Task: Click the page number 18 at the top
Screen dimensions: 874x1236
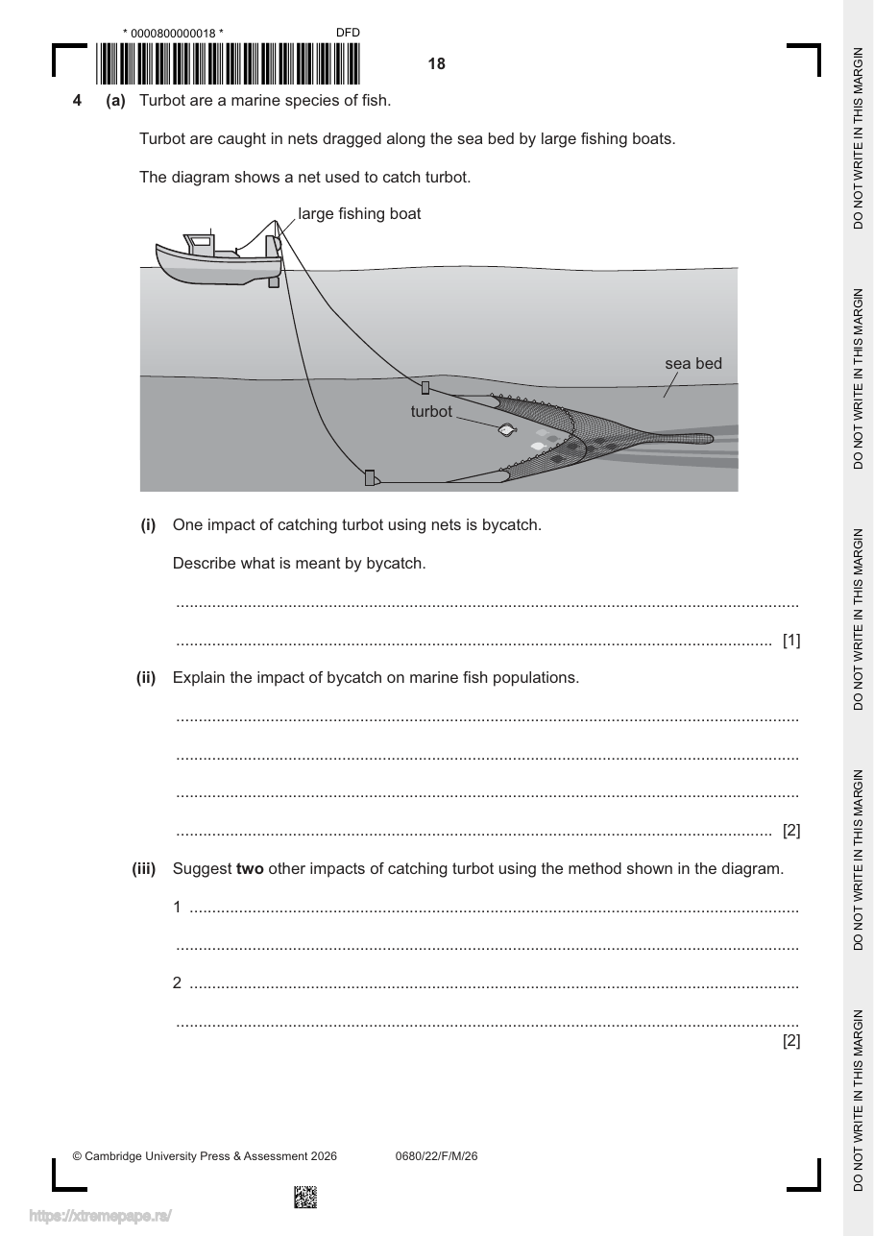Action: [436, 64]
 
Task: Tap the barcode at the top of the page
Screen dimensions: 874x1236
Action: [228, 63]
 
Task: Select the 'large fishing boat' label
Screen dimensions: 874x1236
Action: [359, 213]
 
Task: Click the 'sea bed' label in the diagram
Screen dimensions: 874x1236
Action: [693, 364]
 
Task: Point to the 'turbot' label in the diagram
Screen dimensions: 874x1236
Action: [431, 412]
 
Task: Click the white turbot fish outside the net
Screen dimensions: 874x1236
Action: [506, 430]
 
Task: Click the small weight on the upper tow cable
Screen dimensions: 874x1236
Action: [425, 388]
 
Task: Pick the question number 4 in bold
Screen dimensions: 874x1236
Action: [77, 101]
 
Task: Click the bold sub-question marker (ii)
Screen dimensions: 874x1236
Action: [146, 678]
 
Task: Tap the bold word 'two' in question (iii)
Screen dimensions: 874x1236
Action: [250, 868]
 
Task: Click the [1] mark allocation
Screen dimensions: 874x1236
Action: [791, 640]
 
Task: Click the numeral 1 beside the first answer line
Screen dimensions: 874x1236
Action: [177, 908]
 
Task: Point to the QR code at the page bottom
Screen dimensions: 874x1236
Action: [305, 1197]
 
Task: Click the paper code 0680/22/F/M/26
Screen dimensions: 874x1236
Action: [436, 1156]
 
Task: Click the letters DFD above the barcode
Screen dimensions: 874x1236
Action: [348, 33]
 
